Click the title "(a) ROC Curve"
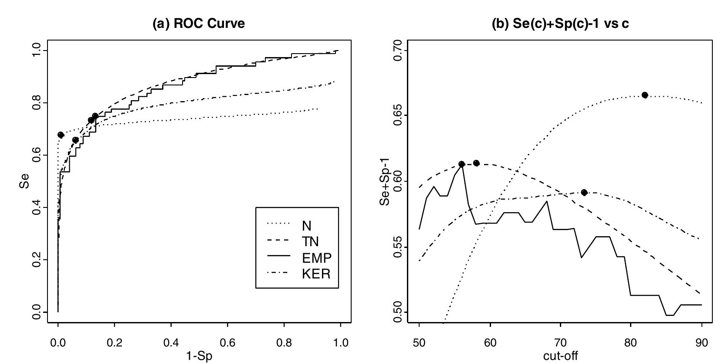(199, 24)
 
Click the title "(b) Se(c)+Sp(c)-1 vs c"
(560, 24)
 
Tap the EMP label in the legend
(317, 258)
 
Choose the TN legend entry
(310, 241)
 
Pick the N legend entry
(306, 226)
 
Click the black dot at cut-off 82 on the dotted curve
(645, 95)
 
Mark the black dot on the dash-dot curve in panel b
(584, 193)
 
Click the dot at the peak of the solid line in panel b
(462, 164)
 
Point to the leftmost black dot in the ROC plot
(61, 135)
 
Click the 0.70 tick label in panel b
(397, 51)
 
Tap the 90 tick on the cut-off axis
(701, 343)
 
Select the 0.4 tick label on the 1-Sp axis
(171, 343)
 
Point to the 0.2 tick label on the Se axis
(37, 260)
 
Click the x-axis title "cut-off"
(560, 356)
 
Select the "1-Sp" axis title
(199, 356)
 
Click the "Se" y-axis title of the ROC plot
(24, 181)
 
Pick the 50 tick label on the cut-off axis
(419, 343)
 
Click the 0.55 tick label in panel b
(397, 247)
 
